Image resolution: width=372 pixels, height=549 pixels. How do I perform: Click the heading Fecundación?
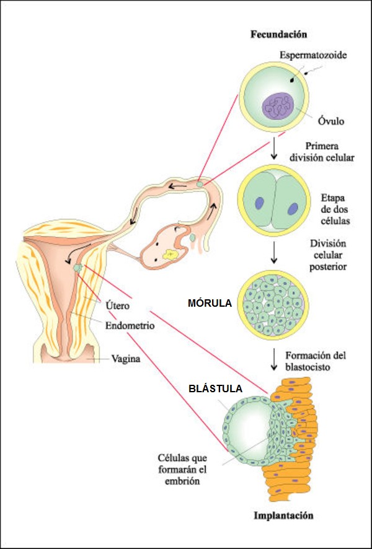click(x=278, y=34)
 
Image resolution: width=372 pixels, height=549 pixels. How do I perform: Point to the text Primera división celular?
click(x=321, y=152)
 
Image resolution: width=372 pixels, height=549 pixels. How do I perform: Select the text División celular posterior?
click(x=329, y=255)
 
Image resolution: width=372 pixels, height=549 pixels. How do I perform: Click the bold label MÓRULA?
click(x=209, y=304)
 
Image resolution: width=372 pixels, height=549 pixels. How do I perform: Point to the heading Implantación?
click(x=284, y=515)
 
